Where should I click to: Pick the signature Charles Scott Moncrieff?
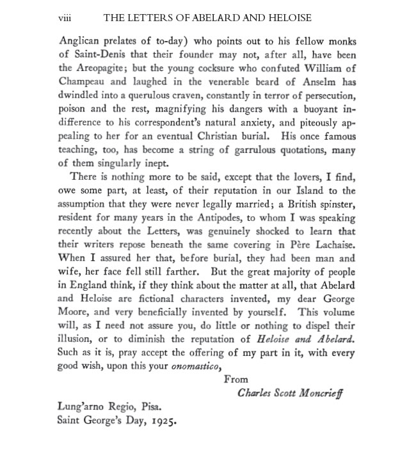289,393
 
